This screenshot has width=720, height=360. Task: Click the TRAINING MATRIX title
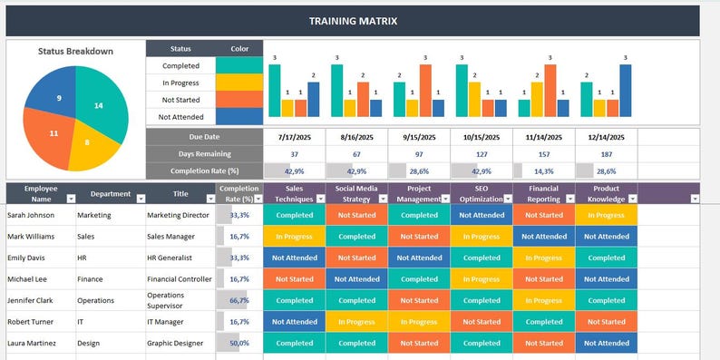[353, 21]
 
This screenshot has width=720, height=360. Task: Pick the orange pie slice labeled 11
[53, 134]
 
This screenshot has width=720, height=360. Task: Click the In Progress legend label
[180, 83]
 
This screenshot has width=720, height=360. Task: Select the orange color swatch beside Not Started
[238, 100]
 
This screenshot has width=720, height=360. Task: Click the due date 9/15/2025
[419, 137]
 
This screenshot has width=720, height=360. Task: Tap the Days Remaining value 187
[606, 154]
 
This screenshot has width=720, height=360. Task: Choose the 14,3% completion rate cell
[544, 170]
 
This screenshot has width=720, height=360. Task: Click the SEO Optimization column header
[481, 193]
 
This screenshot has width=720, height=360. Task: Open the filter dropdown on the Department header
[138, 196]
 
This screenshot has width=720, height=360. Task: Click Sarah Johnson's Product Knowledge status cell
[606, 215]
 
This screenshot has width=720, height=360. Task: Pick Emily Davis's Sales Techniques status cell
[294, 258]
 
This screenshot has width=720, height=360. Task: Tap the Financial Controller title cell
[180, 279]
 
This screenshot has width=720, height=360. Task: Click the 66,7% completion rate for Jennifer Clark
[239, 300]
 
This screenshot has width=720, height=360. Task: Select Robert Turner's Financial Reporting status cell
[544, 322]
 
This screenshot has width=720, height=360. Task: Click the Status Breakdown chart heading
[75, 52]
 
